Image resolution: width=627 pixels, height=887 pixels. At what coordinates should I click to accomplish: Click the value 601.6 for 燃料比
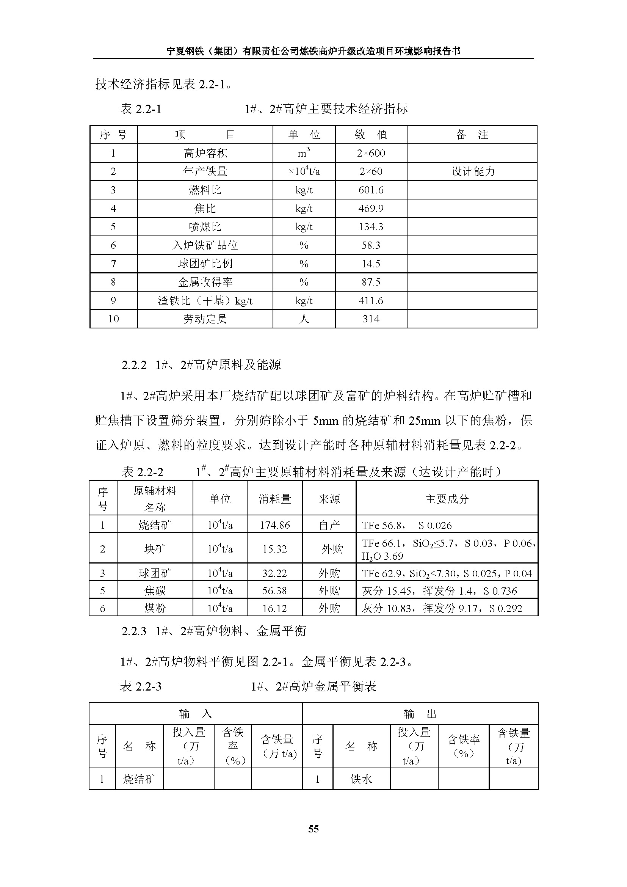pos(371,190)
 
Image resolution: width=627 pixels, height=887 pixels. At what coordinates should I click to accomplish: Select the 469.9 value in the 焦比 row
pos(371,209)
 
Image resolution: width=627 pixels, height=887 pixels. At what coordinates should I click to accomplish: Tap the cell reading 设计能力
pos(473,171)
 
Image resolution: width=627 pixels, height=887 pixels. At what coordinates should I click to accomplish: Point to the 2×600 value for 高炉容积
pos(371,153)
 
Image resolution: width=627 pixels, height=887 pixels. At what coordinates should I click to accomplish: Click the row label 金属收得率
pos(205,283)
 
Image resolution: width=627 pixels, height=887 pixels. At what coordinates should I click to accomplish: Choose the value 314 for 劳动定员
pos(371,319)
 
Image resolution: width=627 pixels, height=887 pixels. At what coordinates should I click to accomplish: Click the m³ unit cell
pos(304,153)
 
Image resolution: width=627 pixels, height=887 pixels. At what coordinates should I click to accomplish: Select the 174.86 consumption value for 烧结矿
pos(274,525)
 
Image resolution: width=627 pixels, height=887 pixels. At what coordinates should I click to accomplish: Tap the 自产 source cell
pos(329,525)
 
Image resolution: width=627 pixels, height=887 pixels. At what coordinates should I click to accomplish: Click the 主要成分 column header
pos(447,499)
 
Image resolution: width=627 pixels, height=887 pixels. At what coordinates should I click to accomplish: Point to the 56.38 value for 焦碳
pos(274,591)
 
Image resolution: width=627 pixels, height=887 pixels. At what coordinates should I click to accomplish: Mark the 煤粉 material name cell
pos(155,608)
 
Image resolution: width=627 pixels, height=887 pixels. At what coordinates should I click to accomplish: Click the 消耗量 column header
pos(274,499)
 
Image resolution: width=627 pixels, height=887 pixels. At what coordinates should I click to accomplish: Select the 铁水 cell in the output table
pos(361,779)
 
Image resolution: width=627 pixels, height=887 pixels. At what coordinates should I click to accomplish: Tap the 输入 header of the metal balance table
pos(195,714)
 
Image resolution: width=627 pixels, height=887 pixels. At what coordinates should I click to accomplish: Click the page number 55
pos(313,829)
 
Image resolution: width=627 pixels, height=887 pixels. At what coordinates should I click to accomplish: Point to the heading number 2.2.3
pos(133,631)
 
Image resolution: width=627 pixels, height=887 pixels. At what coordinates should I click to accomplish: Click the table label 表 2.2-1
pos(141,109)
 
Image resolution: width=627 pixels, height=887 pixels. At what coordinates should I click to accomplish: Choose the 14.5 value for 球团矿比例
pos(371,264)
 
